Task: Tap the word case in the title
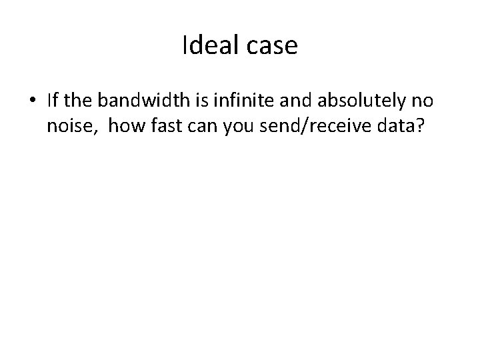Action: tap(273, 47)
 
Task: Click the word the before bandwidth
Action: tap(81, 101)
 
